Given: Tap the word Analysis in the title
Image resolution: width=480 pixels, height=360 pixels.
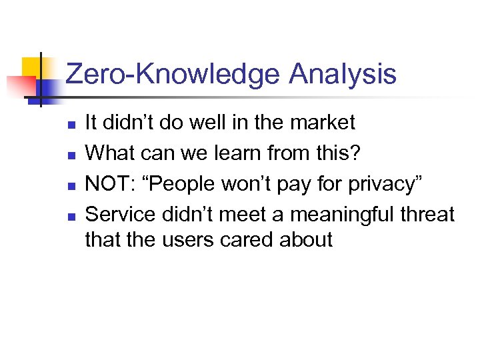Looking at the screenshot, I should click(x=343, y=75).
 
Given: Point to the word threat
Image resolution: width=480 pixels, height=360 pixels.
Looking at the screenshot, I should click(x=424, y=215).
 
